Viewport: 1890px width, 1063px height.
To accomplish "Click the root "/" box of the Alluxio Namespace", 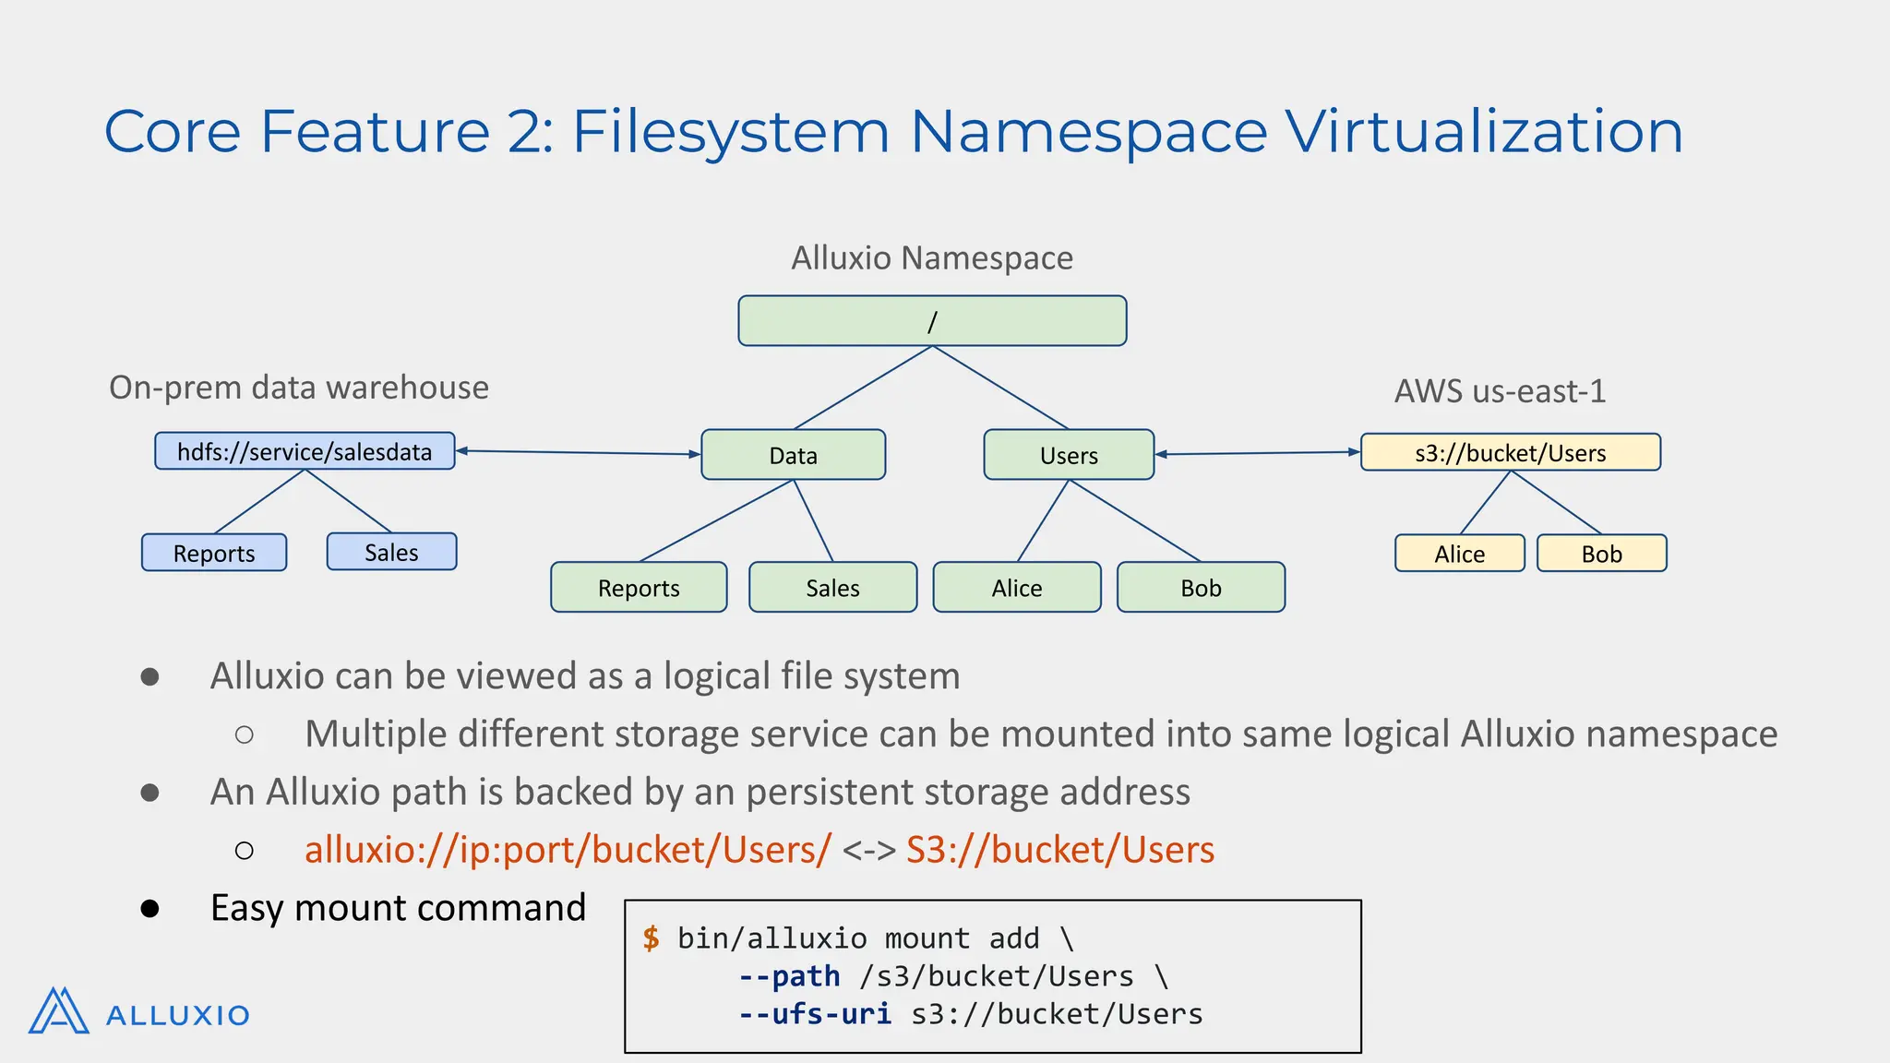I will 932,321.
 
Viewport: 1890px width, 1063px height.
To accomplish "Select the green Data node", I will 793,455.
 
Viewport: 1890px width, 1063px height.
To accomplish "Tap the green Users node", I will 1069,455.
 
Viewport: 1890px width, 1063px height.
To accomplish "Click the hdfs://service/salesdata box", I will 305,451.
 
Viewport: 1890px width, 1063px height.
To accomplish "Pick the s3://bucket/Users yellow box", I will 1510,453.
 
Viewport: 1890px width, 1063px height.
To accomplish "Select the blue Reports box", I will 214,553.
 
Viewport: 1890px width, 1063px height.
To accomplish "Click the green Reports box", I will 639,588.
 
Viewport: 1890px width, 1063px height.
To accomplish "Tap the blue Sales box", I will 391,552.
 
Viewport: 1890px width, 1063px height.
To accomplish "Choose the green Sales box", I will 832,588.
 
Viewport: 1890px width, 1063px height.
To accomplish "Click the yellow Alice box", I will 1459,554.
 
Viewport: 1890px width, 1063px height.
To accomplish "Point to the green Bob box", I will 1201,588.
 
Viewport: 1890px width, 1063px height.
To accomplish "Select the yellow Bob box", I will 1601,554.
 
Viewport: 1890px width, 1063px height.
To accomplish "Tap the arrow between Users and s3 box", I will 1257,453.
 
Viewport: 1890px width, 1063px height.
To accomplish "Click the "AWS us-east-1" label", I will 1500,391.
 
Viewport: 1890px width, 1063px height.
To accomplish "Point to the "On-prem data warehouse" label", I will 299,388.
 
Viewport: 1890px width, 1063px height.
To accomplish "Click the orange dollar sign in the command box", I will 652,938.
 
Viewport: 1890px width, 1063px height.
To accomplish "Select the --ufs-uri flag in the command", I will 815,1014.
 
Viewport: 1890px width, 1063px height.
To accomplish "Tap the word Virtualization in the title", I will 1484,131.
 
